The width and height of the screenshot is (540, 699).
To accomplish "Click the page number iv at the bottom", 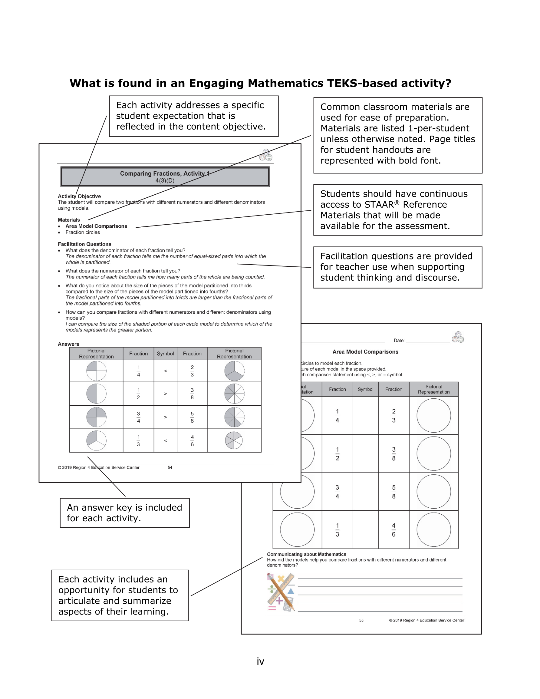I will (x=260, y=661).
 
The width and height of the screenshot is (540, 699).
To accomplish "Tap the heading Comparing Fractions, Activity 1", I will (x=165, y=173).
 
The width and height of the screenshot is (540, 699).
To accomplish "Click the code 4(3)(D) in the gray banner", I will (x=165, y=180).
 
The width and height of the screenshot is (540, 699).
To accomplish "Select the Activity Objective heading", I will (x=79, y=196).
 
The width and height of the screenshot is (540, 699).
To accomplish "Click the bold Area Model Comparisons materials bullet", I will (x=96, y=226).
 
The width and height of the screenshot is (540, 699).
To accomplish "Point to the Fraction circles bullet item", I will (x=83, y=232).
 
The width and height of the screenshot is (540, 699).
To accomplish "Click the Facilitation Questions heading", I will (x=84, y=244).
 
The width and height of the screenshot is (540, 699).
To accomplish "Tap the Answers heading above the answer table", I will (x=68, y=344).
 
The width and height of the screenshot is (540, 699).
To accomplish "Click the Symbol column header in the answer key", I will (x=165, y=354).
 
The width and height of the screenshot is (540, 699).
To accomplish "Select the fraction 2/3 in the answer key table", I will (x=192, y=371).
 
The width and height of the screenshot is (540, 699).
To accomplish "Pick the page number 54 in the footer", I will (x=170, y=468).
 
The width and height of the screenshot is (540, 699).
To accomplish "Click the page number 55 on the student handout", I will (x=361, y=620).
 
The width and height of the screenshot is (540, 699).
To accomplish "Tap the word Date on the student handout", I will (x=399, y=341).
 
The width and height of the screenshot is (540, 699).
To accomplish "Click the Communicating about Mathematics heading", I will (x=306, y=554).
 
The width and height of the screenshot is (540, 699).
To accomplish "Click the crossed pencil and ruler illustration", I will (x=281, y=592).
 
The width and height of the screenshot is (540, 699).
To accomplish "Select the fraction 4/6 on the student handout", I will (x=393, y=530).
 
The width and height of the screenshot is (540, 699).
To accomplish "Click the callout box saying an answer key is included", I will (x=124, y=513).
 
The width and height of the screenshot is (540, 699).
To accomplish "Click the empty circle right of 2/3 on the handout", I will (x=433, y=415).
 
